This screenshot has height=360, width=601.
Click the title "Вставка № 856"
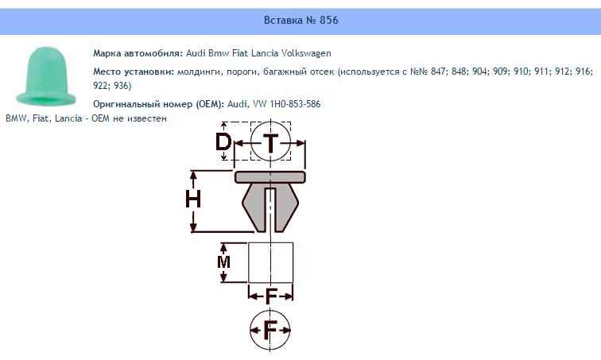tap(300, 20)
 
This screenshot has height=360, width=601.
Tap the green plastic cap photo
tap(46, 76)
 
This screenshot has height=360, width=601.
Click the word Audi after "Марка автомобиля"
tap(196, 53)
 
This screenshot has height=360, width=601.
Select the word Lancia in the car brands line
tap(265, 53)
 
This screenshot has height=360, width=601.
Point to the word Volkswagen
tap(306, 53)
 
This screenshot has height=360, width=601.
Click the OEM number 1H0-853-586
tap(295, 104)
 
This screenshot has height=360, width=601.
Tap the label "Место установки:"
tap(134, 72)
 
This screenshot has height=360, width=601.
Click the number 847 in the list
tap(439, 72)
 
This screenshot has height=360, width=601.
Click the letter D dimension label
tap(223, 142)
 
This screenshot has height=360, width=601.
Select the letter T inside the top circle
tap(270, 143)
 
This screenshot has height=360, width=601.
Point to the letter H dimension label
tap(193, 199)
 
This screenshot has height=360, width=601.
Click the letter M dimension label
tap(223, 262)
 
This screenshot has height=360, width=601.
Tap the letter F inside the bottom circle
tap(270, 330)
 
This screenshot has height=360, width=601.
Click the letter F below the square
tap(271, 296)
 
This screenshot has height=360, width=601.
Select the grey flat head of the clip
tap(270, 177)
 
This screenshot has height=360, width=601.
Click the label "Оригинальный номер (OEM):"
tap(159, 104)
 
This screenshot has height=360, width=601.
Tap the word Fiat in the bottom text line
tap(41, 118)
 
